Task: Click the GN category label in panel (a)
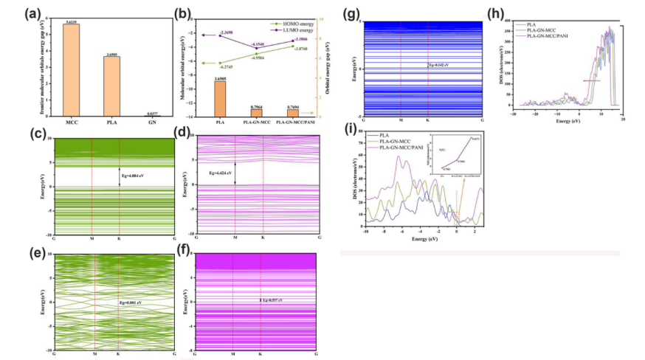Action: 151,123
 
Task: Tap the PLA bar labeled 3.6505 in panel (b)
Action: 221,98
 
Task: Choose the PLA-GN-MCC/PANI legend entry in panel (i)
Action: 399,149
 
